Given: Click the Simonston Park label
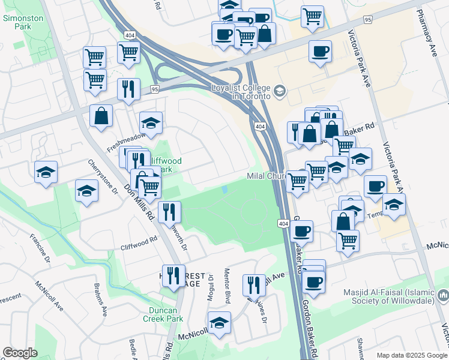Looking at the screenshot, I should click(x=23, y=23).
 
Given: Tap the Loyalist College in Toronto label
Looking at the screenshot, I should click(x=241, y=92).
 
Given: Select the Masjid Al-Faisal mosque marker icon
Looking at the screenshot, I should click(x=443, y=295).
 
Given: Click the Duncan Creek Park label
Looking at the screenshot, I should click(x=158, y=314).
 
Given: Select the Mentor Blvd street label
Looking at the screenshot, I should click(x=228, y=287).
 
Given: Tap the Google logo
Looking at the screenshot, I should click(x=20, y=353).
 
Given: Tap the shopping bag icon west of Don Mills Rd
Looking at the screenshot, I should click(x=101, y=115).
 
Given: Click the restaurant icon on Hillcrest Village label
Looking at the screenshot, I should click(x=173, y=275).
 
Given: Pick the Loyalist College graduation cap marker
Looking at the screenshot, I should click(x=279, y=91).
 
